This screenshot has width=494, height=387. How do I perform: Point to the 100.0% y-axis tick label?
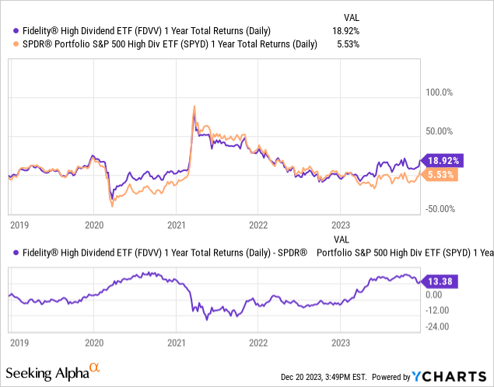(x=436, y=92)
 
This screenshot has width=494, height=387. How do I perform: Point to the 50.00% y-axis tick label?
(x=436, y=131)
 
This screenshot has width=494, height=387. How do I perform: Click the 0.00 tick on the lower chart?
(x=433, y=295)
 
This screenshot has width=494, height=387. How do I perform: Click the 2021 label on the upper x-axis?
(x=176, y=225)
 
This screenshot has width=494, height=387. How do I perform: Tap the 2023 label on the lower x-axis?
(x=340, y=341)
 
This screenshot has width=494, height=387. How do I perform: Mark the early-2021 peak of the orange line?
(x=194, y=106)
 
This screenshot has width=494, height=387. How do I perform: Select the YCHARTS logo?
(x=458, y=377)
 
